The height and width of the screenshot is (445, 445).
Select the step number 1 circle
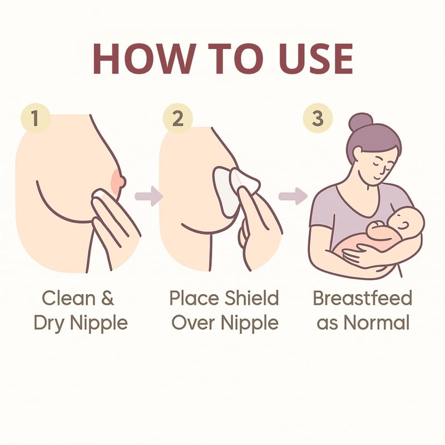click(x=36, y=118)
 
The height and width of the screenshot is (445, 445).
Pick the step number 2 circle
click(x=177, y=118)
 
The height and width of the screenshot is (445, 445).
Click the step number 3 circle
click(x=318, y=118)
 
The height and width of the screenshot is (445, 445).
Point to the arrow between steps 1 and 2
click(x=149, y=196)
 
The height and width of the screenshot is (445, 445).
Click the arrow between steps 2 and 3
click(x=293, y=196)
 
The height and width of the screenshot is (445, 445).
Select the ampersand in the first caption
click(x=107, y=298)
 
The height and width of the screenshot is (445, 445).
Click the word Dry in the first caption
click(x=49, y=324)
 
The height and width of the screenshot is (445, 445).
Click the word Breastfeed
click(x=363, y=298)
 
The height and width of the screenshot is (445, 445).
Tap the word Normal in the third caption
click(x=377, y=323)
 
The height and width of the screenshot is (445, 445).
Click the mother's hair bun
click(x=360, y=122)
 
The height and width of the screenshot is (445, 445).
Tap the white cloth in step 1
click(x=100, y=193)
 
